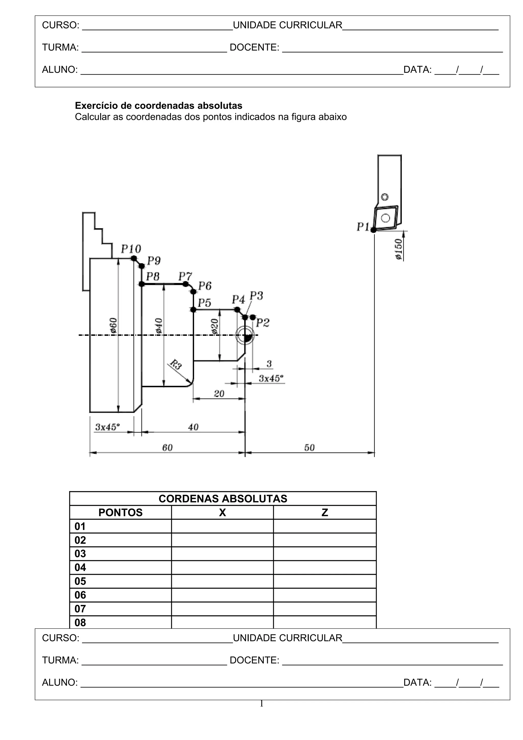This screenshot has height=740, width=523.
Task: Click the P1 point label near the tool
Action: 363,227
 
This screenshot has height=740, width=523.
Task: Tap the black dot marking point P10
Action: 134,258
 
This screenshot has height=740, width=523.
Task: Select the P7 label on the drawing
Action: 185,276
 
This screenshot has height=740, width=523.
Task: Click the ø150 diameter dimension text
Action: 399,249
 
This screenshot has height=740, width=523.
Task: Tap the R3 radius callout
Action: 176,365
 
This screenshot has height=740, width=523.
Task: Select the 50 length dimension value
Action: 309,447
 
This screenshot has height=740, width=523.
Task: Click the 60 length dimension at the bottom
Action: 167,447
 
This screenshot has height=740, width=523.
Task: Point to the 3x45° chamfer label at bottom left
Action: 107,427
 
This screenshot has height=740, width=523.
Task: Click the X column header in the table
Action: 222,512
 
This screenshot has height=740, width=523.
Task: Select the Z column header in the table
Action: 325,512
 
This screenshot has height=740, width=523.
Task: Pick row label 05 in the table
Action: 80,581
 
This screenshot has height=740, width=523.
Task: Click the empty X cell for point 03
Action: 222,554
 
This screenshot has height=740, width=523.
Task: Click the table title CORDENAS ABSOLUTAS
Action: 223,499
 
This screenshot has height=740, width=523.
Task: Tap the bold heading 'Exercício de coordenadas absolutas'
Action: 159,105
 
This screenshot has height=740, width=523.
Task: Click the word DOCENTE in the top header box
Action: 254,47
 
